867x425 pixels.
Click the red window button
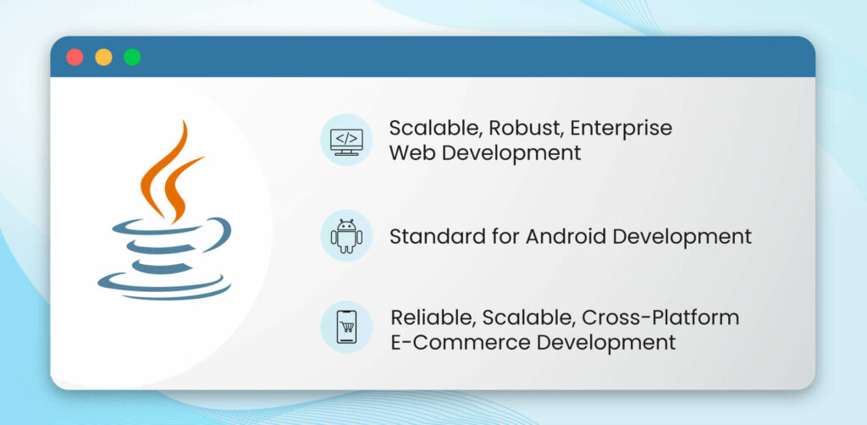75,58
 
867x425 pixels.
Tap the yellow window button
103,58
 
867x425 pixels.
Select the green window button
132,58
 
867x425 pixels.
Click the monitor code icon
346,140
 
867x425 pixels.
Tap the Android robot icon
346,235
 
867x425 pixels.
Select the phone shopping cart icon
346,328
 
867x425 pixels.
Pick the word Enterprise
621,129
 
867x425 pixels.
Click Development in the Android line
683,236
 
